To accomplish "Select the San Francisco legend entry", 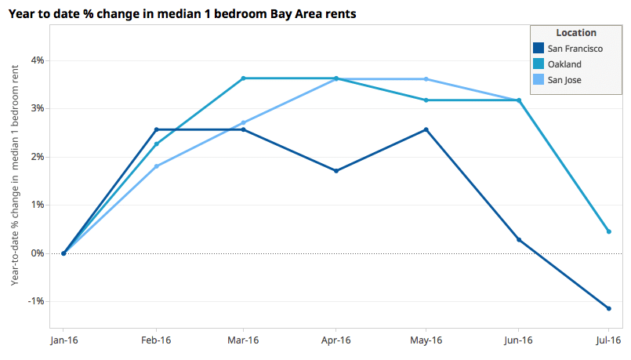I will [x=575, y=49].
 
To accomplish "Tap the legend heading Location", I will [x=576, y=33].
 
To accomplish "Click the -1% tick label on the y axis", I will [x=36, y=302].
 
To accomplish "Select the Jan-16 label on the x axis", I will [x=63, y=340].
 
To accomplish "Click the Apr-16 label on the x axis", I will [x=335, y=340].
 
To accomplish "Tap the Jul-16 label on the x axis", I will [x=608, y=340].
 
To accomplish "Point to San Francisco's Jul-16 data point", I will [x=608, y=308].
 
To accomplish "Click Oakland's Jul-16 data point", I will [x=608, y=231].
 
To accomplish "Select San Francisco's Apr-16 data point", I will [x=335, y=170].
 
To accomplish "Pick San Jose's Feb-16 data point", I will [x=157, y=166].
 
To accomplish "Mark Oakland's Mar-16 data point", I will [x=244, y=78].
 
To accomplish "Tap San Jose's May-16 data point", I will [x=426, y=79].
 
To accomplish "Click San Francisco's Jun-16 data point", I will [x=518, y=240].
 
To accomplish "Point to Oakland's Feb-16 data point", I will [x=157, y=144].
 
